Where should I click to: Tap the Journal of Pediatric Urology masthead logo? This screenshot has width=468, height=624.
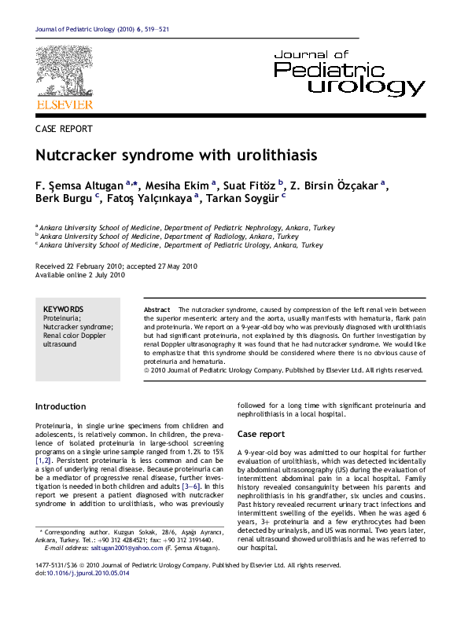click(x=349, y=72)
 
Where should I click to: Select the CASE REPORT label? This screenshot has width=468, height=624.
click(x=64, y=129)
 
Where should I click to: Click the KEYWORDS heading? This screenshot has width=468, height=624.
click(x=63, y=310)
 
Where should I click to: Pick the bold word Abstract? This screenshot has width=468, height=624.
click(x=157, y=310)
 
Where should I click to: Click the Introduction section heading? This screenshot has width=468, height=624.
click(x=61, y=406)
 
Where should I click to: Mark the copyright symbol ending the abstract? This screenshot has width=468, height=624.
click(x=147, y=369)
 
